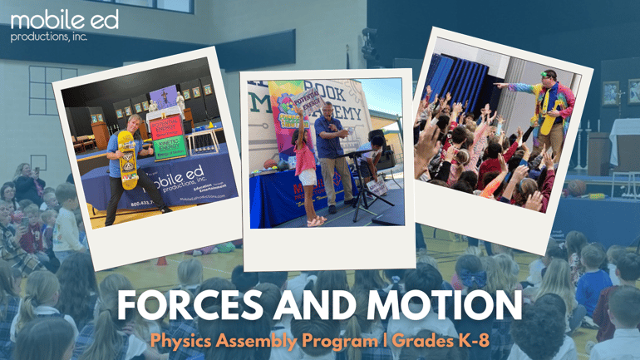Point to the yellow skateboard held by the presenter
(x=126, y=157)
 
